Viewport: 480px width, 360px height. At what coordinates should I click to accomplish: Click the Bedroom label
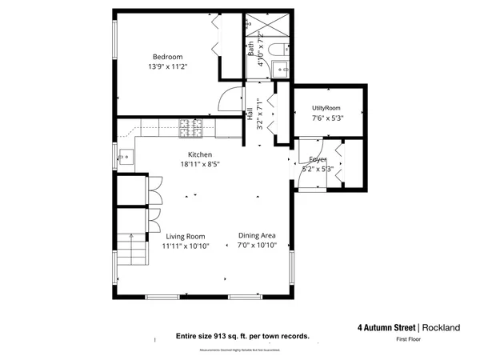[x=168, y=57]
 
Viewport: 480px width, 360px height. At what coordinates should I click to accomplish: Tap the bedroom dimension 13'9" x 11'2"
[x=168, y=67]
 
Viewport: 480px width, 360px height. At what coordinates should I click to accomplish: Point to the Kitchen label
[x=199, y=154]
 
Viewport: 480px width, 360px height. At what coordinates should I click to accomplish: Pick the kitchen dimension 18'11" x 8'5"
[x=199, y=164]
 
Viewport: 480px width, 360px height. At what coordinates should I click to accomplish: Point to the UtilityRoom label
[x=326, y=107]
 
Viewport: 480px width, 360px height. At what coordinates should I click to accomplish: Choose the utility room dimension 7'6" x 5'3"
[x=326, y=118]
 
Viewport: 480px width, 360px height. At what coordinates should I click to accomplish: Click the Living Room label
[x=186, y=237]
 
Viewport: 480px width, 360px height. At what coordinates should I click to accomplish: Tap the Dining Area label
[x=257, y=235]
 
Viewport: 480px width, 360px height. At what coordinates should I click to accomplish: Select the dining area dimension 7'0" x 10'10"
[x=257, y=246]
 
